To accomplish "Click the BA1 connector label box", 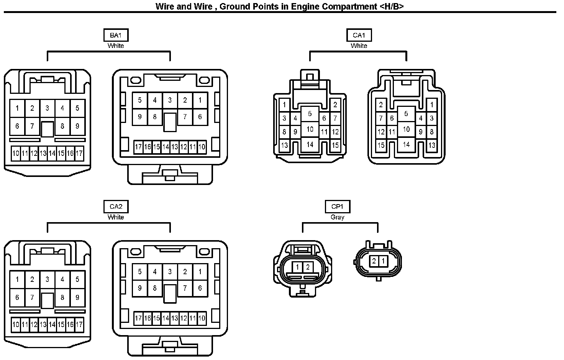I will point(116,35).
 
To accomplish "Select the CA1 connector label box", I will point(359,35).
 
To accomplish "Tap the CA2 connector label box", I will point(116,207).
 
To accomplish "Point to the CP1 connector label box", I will point(337,207).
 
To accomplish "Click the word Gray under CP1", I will point(337,217).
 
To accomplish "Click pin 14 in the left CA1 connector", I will point(310,144).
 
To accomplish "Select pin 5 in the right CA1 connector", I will point(406,114).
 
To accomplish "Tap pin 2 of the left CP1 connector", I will point(308,267).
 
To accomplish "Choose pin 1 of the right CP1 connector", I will point(383,262).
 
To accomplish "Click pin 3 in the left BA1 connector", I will point(47,108).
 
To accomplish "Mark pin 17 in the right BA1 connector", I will point(138,147).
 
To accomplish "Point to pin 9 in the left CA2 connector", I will point(77,298).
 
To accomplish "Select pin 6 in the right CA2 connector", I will point(200,288).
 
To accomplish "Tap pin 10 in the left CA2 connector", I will point(16,325).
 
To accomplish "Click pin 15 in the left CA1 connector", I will point(335,145).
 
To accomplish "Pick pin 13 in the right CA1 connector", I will point(432,145).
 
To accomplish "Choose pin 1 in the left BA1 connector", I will point(17,108).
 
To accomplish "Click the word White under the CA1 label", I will point(359,46).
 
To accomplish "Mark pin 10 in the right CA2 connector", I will point(202,318).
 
